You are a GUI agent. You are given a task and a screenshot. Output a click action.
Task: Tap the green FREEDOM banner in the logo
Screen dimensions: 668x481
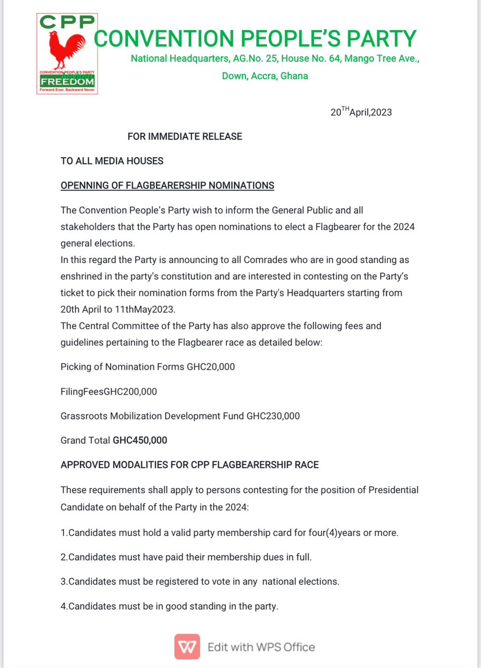pos(67,82)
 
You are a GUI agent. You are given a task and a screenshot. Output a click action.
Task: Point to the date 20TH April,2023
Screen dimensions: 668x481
pos(360,112)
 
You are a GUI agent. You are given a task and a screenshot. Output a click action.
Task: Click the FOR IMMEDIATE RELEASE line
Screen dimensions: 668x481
pos(185,137)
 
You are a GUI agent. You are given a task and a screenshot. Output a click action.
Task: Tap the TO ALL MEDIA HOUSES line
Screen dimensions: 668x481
pos(112,161)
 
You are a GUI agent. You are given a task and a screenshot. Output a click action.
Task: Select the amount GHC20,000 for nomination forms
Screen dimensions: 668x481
pos(211,367)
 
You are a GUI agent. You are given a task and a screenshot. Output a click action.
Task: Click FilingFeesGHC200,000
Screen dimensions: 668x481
pos(109,391)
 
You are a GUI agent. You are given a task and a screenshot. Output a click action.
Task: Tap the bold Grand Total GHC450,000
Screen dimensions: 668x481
pos(140,440)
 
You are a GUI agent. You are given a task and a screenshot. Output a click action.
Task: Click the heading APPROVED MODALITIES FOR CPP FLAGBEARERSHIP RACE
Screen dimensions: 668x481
pos(189,465)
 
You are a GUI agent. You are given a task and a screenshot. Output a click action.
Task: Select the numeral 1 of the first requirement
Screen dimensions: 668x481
pos(63,533)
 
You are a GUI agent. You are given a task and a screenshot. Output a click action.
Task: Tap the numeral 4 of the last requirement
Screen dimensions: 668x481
pos(63,606)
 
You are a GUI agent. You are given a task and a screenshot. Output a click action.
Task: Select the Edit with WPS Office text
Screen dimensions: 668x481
pos(261,648)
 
